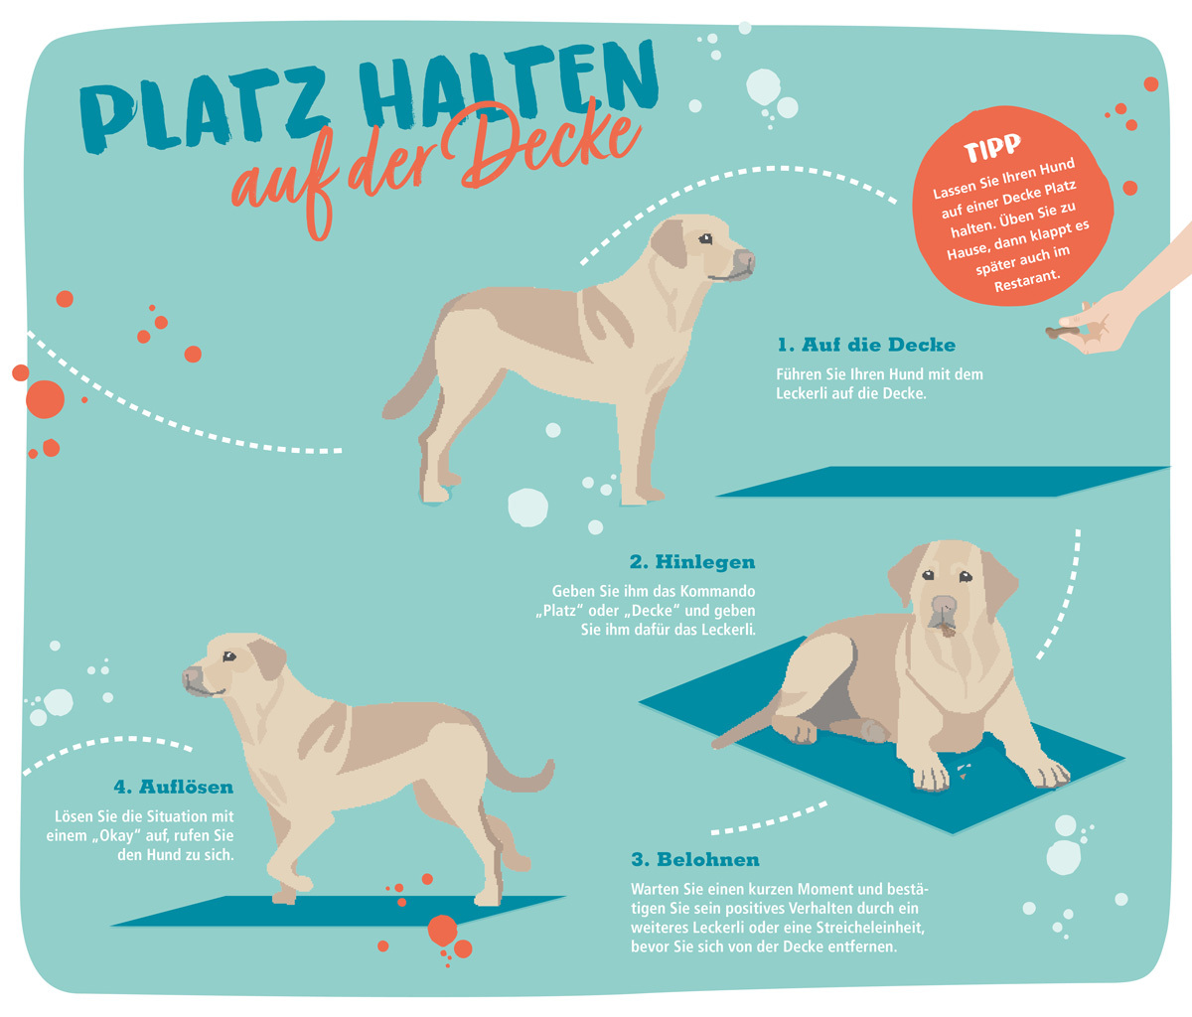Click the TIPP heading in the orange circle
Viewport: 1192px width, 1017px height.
(x=992, y=150)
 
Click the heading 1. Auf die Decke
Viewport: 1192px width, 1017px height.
(x=865, y=346)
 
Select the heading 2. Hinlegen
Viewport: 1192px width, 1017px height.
(x=691, y=562)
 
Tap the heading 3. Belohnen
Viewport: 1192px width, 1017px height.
(x=694, y=860)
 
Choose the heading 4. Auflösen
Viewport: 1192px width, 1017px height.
(x=173, y=788)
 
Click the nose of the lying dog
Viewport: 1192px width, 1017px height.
(x=943, y=604)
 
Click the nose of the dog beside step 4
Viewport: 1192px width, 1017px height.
(x=189, y=677)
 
